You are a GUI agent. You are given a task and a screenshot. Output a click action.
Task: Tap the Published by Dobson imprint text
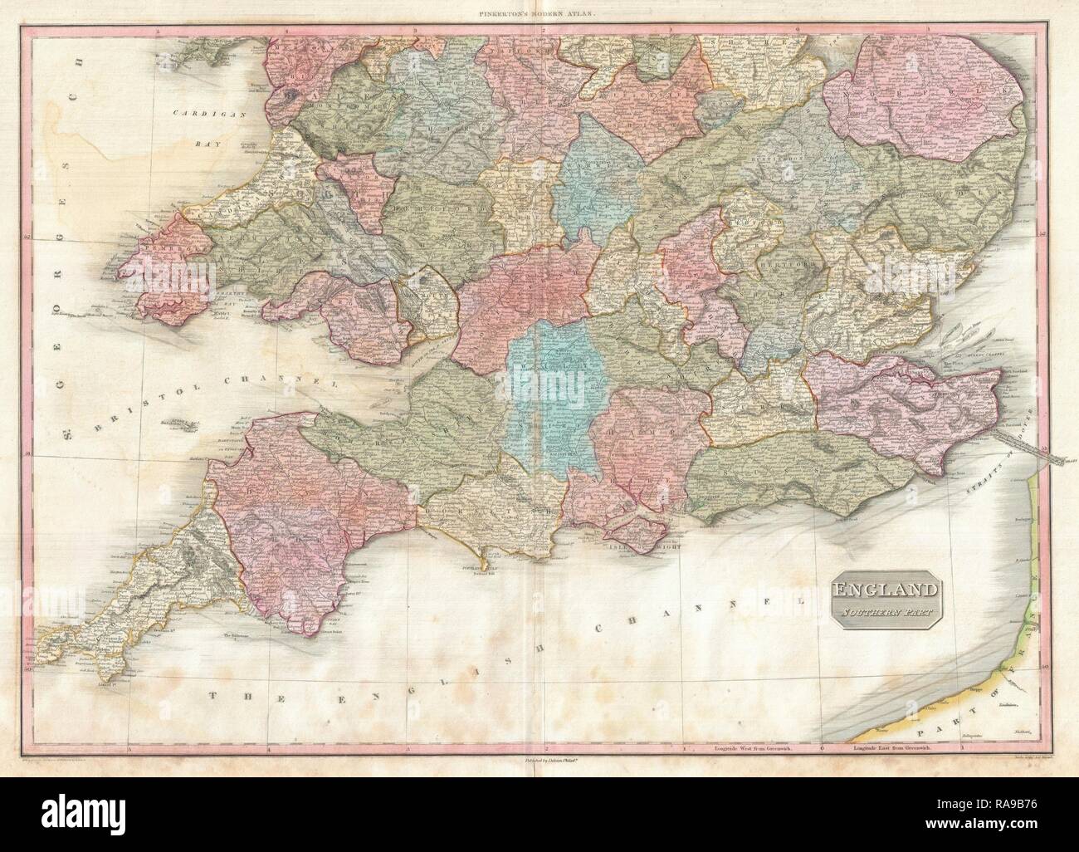(x=539, y=735)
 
